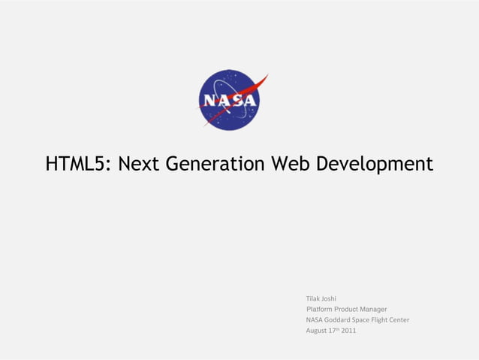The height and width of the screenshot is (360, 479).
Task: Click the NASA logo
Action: [x=229, y=100]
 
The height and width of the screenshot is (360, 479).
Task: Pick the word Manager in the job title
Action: [x=374, y=309]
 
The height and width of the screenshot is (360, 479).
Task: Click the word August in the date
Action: [x=316, y=331]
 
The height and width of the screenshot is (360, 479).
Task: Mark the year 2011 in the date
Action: [x=349, y=331]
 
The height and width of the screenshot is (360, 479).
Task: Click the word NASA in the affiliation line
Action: [x=315, y=319]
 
